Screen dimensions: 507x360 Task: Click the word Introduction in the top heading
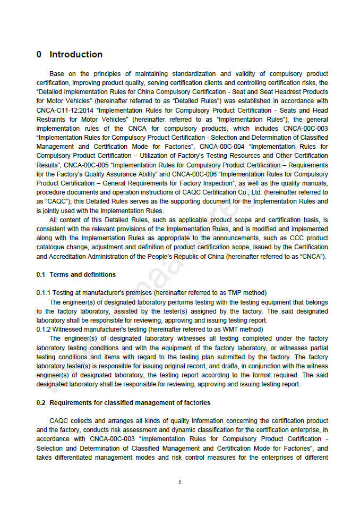pos(76,54)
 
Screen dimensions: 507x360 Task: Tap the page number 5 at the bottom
pos(179,482)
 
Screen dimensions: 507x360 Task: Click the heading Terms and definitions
pos(82,275)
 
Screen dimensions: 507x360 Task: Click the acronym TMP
pos(235,293)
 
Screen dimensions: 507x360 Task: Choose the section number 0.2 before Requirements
pos(41,403)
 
